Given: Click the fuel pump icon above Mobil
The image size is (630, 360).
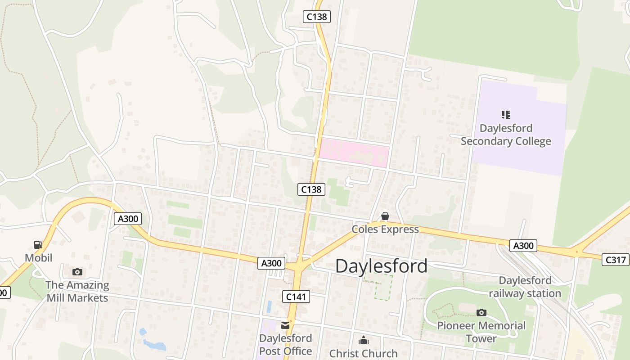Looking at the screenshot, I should tap(38, 245).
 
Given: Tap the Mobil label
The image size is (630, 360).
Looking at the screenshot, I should tap(38, 258).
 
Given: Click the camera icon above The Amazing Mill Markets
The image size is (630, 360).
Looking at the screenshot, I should tap(77, 272).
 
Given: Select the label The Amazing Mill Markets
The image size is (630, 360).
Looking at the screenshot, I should tap(77, 292).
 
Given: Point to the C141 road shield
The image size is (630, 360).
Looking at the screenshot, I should tap(296, 296).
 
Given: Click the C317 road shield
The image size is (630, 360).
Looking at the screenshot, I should tap(616, 260).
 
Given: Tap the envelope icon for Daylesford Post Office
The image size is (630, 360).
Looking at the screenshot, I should tap(285, 325).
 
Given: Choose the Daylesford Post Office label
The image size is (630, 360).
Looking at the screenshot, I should tap(285, 345).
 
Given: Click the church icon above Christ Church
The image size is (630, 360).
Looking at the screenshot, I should tap(364, 340).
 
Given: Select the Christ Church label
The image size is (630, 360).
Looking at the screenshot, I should tap(364, 353).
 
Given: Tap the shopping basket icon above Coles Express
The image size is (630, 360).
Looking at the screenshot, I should tap(385, 216).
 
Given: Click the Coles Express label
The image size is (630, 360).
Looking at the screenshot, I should tap(385, 229).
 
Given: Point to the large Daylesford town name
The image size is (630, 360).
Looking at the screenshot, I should tap(381, 266).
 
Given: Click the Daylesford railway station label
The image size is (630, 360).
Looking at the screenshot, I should tap(525, 287).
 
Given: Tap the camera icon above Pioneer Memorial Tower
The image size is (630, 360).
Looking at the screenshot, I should tap(481, 312).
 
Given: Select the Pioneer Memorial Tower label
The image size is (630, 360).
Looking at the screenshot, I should tap(481, 332).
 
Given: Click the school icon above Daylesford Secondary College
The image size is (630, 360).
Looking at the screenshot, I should tap(506, 115).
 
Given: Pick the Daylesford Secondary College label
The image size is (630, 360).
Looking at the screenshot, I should tap(506, 135).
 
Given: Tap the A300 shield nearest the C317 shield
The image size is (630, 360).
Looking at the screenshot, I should tap(523, 246).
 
